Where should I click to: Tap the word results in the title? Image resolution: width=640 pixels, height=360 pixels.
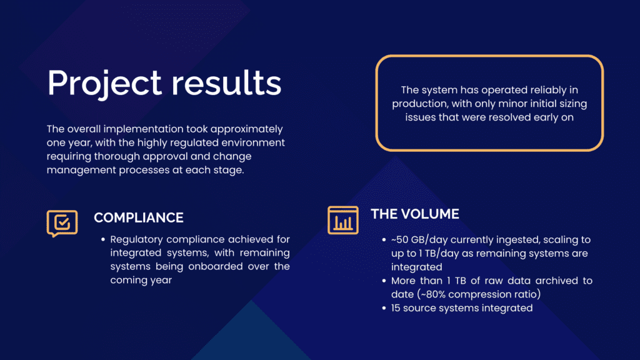tap(226, 83)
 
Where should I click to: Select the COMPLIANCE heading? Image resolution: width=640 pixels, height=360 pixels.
tap(139, 217)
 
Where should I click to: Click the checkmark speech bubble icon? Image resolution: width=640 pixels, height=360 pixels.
tap(62, 223)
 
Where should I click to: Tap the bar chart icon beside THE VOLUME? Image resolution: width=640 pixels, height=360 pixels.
tap(343, 221)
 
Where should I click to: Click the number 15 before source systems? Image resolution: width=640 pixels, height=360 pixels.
tap(396, 307)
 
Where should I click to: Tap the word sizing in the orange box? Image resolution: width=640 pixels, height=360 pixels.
tap(572, 104)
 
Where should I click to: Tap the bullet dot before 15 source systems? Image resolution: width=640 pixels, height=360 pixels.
tap(384, 308)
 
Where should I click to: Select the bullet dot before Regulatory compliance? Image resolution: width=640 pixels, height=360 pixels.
tap(103, 239)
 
